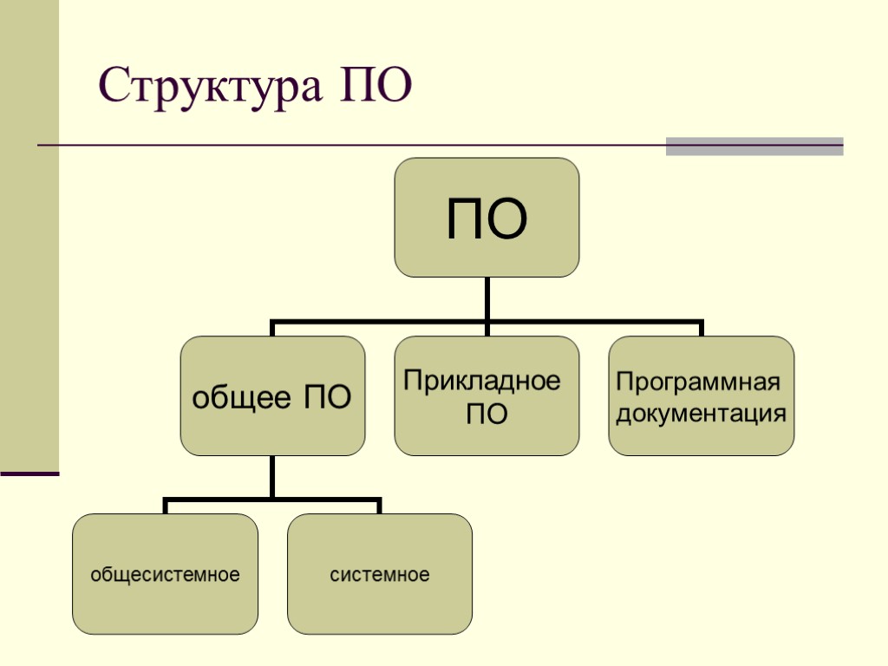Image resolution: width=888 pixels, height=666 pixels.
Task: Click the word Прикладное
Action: (x=482, y=382)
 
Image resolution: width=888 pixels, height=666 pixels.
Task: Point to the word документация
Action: (x=701, y=413)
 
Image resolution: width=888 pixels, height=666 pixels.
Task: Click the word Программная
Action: (x=698, y=382)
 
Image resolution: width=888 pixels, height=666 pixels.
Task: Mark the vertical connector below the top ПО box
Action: (x=486, y=299)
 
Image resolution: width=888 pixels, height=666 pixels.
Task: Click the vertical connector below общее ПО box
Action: (x=272, y=477)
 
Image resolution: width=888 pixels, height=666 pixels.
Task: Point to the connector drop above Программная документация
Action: (x=701, y=330)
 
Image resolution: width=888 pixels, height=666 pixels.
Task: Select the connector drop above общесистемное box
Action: (x=165, y=506)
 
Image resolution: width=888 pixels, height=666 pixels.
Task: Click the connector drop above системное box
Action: (x=379, y=506)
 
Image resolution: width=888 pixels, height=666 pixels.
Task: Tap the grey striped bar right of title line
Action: (x=754, y=146)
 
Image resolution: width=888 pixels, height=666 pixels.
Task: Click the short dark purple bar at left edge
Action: (x=29, y=473)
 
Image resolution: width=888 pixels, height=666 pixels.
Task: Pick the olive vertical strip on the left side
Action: (x=29, y=234)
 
